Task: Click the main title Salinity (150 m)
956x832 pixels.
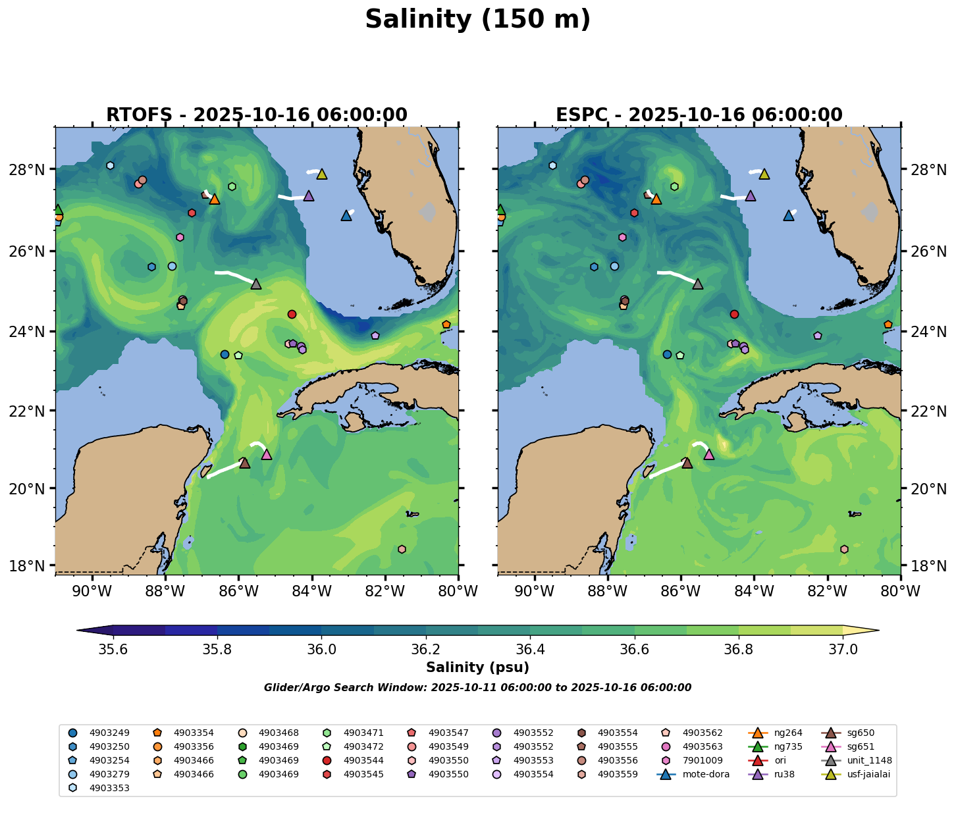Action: (x=477, y=20)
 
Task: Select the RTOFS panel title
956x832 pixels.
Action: (x=256, y=115)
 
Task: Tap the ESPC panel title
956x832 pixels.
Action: (x=699, y=115)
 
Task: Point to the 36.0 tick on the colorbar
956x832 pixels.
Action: (x=322, y=649)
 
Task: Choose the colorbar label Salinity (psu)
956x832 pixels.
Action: (x=477, y=667)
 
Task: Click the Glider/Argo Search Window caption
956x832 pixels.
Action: (x=477, y=688)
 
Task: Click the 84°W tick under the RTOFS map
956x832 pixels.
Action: (x=311, y=590)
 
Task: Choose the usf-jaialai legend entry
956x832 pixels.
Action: (x=868, y=774)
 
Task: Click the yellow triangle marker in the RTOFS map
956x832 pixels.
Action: (x=322, y=174)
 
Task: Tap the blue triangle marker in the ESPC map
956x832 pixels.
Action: (x=789, y=215)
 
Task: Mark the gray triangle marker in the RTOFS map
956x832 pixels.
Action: (x=256, y=284)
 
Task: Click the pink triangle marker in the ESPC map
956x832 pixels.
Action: (x=709, y=454)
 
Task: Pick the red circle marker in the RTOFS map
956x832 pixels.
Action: (x=292, y=314)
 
